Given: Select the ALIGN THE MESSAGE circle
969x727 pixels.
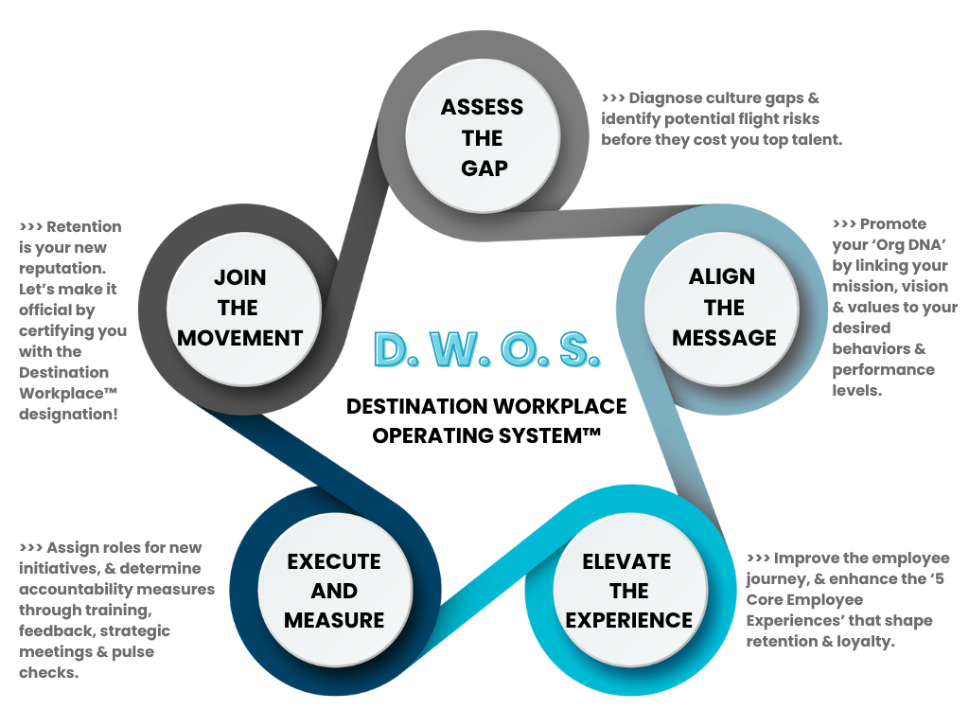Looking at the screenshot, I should (724, 307).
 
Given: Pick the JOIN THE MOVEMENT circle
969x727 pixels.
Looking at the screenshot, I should (240, 307).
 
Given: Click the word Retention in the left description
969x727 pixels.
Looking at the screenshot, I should (84, 227).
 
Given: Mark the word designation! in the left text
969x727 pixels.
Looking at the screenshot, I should (69, 413).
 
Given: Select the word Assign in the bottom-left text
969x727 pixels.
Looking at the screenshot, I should (71, 547).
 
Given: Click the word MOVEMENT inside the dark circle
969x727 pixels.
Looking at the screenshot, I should (240, 338).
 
